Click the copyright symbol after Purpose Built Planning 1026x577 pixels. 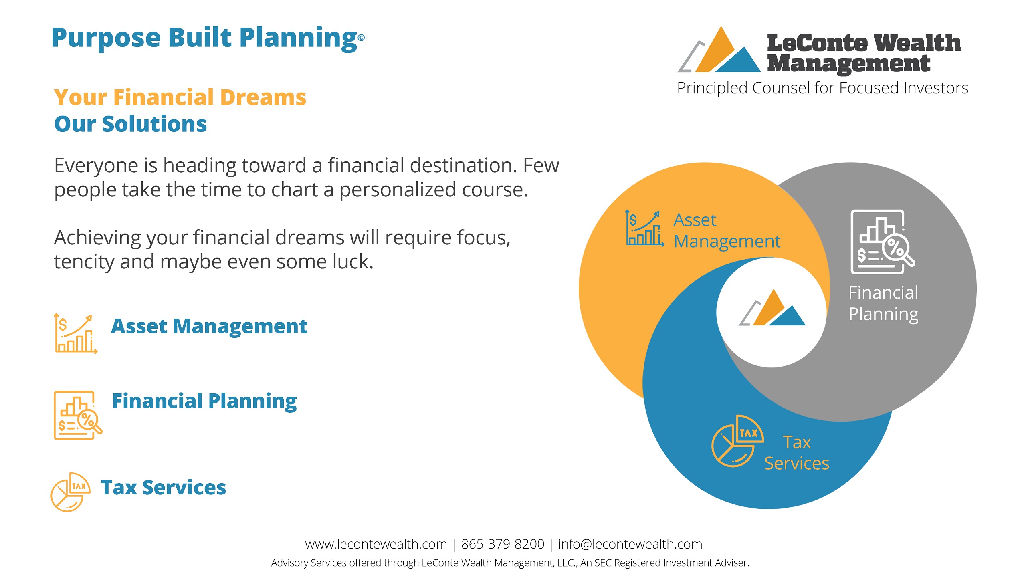pos(361,38)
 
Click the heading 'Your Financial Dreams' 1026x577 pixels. pos(180,97)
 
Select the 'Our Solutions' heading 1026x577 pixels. pos(131,124)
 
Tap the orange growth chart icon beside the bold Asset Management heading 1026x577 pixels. pos(75,333)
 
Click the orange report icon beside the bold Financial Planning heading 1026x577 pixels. pos(78,415)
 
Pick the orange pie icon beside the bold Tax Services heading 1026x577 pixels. pos(70,492)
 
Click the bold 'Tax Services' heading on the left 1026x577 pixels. pos(164,488)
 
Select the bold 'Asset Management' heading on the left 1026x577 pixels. pos(209,326)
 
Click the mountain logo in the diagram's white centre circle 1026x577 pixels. pos(772,307)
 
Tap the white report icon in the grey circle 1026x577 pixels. pos(883,242)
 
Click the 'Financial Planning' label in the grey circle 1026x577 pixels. pos(883,303)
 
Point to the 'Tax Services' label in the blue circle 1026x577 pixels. pos(797,453)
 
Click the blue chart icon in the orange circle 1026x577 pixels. pos(644,228)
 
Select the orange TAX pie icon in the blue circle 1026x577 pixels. pos(737,441)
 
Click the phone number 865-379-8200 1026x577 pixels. pos(503,544)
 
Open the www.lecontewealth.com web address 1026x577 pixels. pos(376,544)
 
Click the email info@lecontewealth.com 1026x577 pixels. pos(630,544)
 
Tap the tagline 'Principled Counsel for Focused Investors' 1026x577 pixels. pos(822,88)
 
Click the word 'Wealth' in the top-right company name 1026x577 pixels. pos(917,43)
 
